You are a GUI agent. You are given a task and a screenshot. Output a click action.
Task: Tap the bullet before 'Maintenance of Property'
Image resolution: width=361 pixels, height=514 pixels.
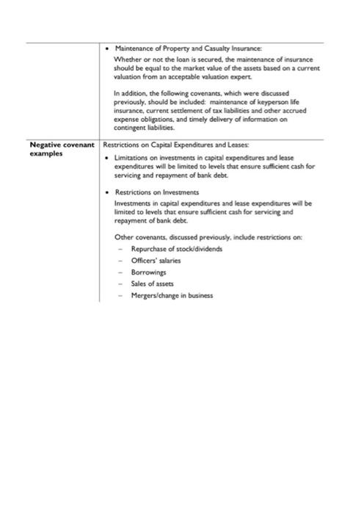(x=108, y=48)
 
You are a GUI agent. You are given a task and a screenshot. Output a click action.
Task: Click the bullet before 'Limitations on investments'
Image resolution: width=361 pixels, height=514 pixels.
(x=108, y=159)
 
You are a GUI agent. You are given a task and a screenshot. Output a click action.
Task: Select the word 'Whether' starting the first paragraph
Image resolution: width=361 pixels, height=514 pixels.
(x=127, y=59)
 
